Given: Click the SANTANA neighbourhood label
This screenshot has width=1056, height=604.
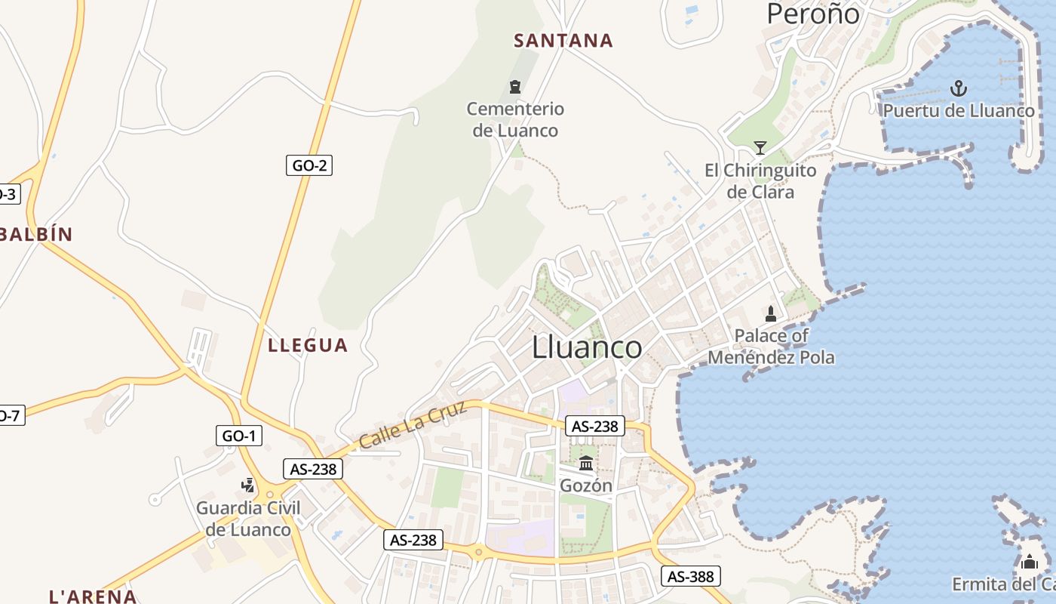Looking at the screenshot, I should [563, 41].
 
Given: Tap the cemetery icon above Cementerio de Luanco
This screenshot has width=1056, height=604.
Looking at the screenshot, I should [515, 87].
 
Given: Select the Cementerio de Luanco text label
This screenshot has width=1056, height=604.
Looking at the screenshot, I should [515, 119].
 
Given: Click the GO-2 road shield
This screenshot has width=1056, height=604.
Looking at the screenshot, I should [309, 165].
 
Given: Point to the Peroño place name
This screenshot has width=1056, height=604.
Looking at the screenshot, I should [813, 14].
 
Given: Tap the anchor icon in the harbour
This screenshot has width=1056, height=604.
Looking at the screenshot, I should [958, 88].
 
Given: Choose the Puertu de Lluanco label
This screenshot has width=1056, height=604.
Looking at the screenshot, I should [959, 111].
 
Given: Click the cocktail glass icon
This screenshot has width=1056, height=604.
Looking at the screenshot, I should [760, 147].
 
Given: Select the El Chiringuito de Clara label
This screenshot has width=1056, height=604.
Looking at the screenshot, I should [760, 181].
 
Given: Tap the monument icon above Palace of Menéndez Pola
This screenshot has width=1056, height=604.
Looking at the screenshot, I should [771, 313].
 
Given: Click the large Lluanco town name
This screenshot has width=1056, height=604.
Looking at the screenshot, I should [587, 347].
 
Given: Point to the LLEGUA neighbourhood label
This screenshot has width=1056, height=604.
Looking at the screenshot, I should [308, 346].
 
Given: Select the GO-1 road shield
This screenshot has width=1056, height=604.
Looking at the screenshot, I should [239, 435].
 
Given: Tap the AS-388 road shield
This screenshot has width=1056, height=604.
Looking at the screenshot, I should [691, 577].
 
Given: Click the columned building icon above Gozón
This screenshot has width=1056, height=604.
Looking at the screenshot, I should [586, 463].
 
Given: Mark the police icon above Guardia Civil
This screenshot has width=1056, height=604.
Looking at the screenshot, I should [248, 485].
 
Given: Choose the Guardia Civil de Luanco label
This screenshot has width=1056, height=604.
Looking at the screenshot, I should [248, 519].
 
